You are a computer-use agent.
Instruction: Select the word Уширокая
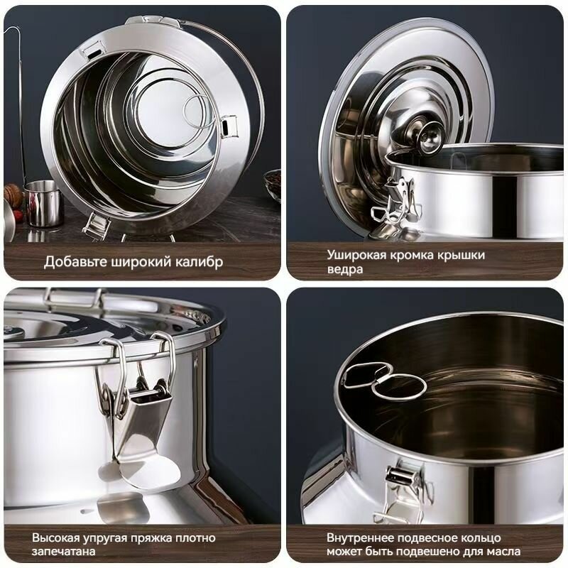(356, 256)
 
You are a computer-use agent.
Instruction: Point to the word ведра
(344, 270)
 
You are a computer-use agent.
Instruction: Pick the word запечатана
(63, 552)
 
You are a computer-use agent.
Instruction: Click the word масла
(503, 552)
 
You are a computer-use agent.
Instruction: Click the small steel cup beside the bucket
(43, 203)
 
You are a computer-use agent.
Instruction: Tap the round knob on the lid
(430, 136)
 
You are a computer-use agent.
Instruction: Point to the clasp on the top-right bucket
(397, 203)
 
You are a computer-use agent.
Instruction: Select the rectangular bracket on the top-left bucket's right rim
(229, 126)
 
